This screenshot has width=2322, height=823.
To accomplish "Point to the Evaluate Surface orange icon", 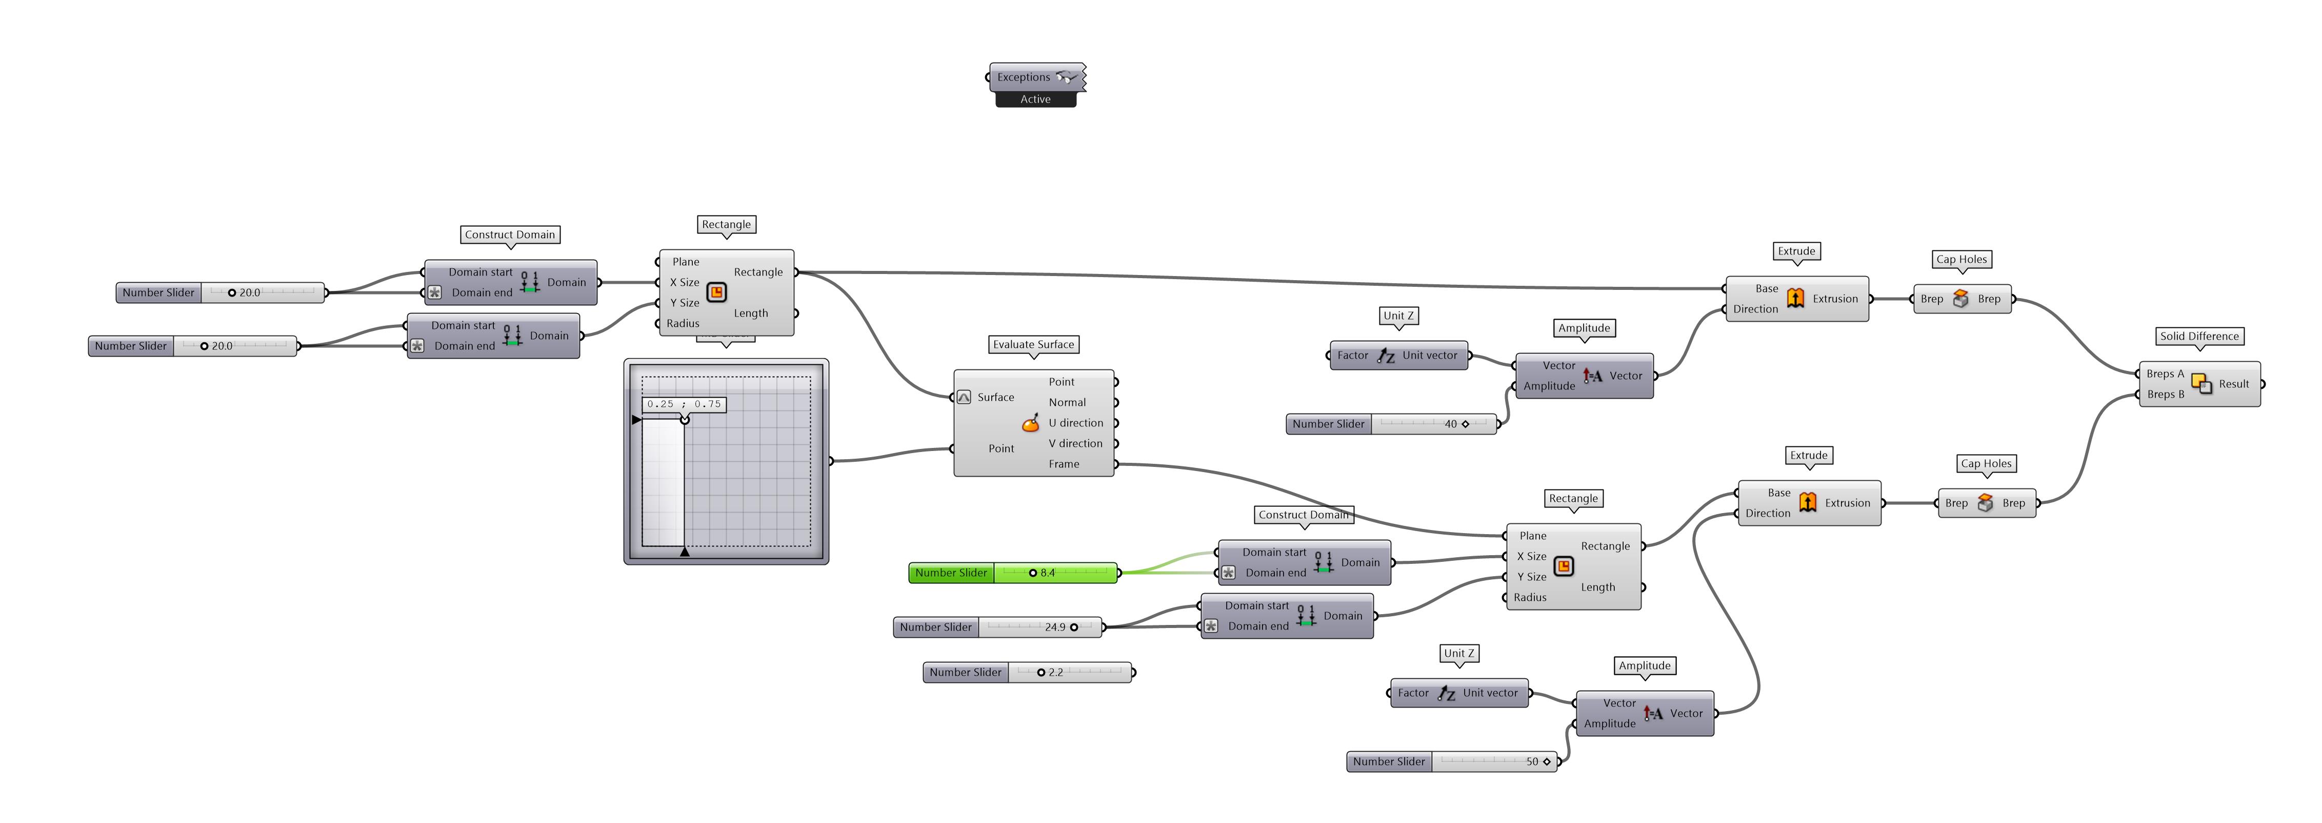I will point(1030,424).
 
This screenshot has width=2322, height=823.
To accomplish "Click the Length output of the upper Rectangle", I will point(751,313).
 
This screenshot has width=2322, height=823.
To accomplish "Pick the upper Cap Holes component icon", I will point(1960,299).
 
